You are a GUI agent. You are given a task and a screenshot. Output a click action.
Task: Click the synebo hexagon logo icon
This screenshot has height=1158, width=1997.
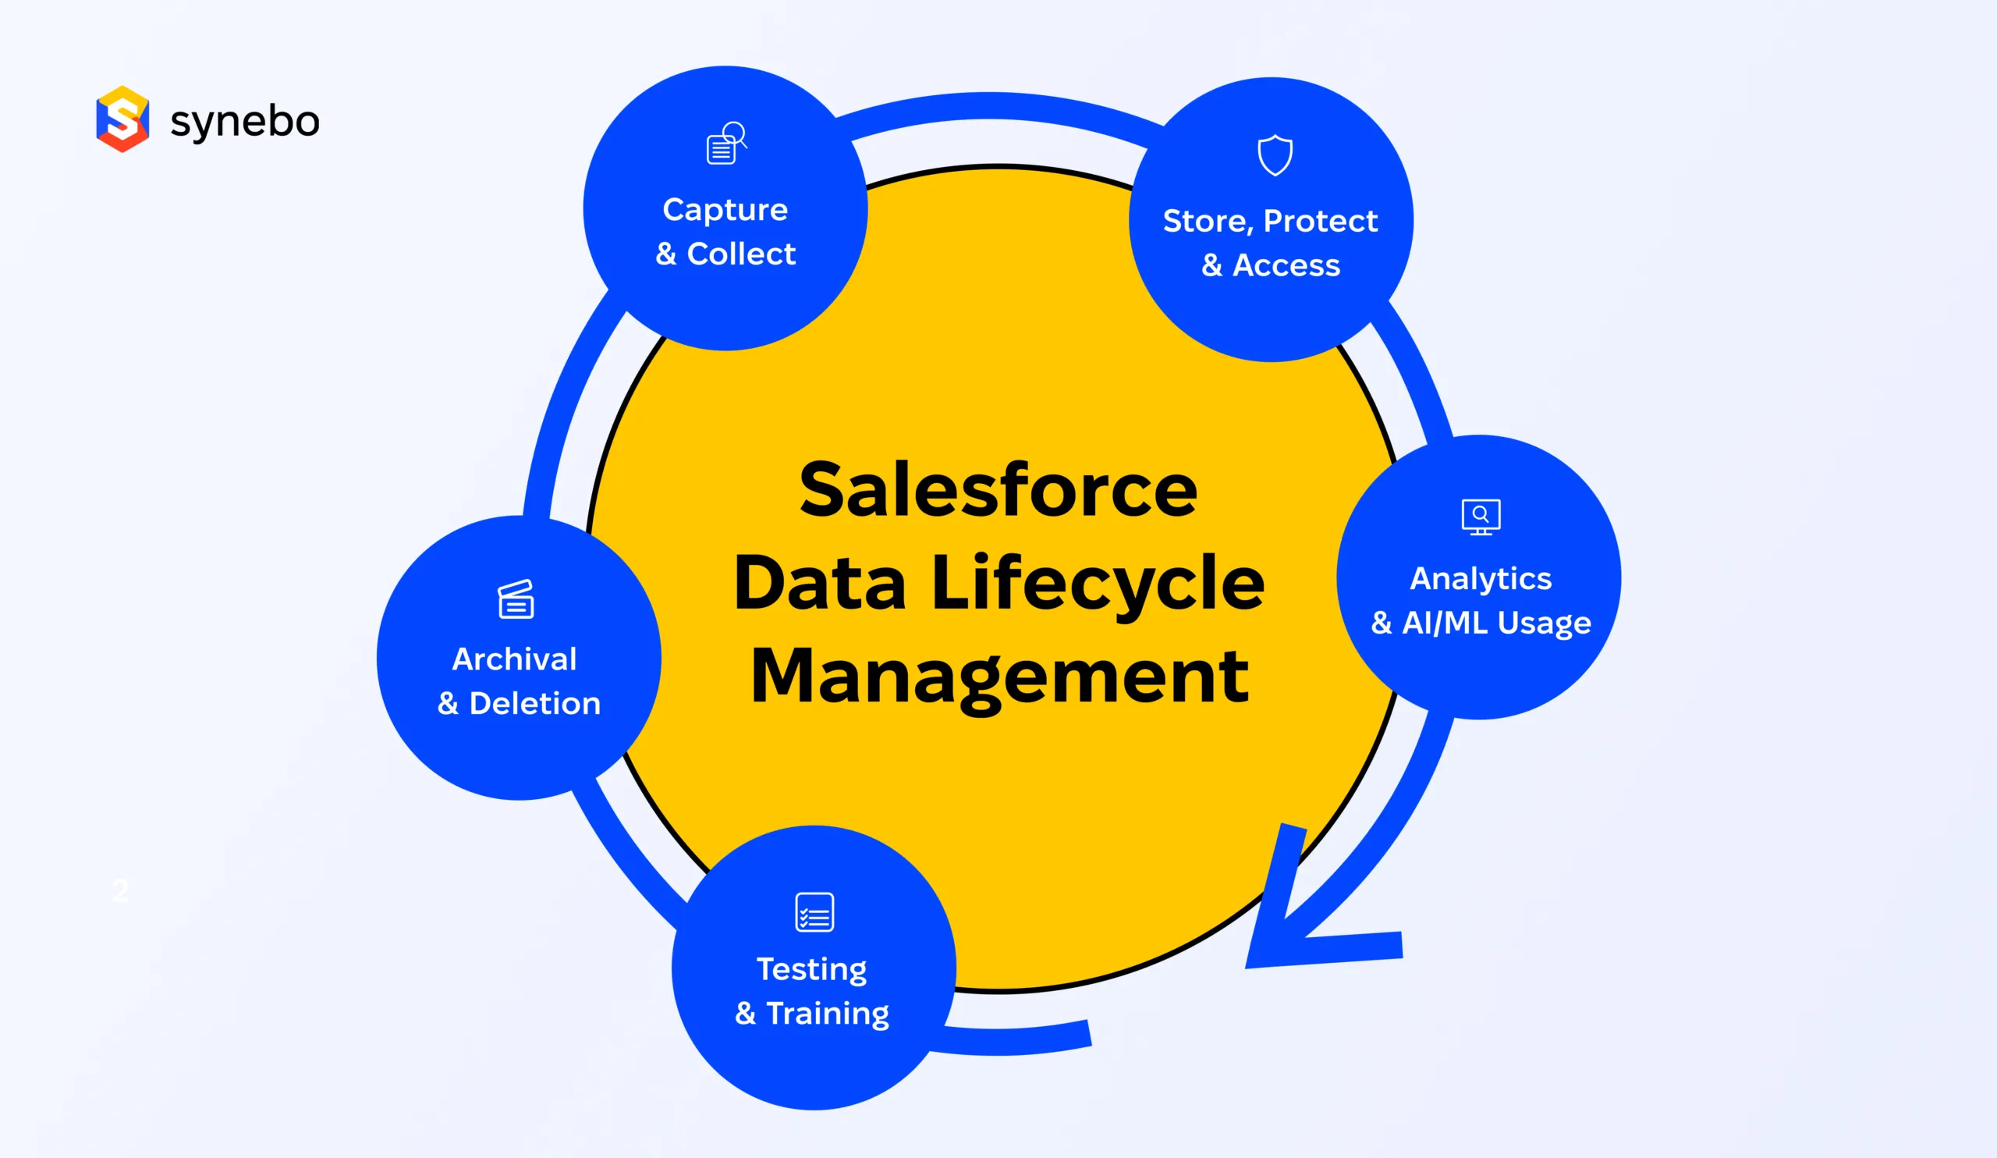point(122,119)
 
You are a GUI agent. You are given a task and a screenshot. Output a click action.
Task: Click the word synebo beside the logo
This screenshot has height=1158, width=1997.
point(245,122)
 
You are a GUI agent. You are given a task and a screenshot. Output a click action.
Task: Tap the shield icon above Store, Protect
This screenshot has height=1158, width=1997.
point(1275,155)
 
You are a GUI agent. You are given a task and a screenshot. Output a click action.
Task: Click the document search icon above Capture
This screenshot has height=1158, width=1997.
point(727,144)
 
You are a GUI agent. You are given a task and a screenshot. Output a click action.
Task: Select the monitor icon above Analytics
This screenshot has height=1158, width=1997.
point(1481,517)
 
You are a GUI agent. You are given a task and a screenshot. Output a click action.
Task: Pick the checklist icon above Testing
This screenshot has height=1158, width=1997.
point(814,912)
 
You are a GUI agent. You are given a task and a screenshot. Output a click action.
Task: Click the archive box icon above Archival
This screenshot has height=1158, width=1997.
point(516,599)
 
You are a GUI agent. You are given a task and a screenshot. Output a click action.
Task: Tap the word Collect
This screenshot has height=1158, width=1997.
point(741,254)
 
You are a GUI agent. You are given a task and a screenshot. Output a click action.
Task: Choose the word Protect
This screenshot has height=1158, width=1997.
point(1320,220)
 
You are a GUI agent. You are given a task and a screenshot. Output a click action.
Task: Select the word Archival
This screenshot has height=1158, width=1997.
point(514,659)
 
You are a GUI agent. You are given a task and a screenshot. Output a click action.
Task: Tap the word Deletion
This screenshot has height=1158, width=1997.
point(535,703)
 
